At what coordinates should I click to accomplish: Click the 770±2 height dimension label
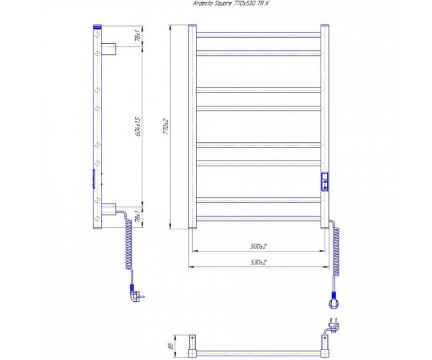(166, 126)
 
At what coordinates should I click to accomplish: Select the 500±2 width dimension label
(259, 246)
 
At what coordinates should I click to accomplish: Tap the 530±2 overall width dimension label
(259, 262)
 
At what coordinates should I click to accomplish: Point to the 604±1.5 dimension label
(138, 126)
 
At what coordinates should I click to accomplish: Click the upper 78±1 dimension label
(138, 36)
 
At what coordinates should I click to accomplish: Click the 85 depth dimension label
(171, 346)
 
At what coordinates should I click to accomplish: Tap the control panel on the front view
(325, 182)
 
